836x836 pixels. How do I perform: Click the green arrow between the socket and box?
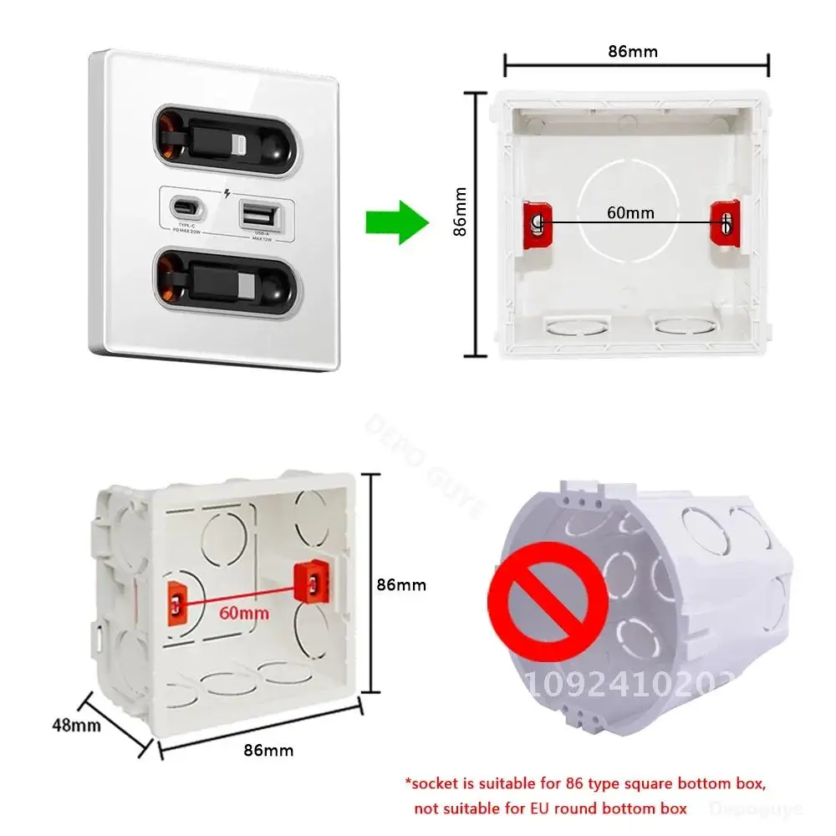point(396,223)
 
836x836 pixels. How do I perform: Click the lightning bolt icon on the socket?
point(228,196)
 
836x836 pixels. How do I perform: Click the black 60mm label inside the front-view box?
point(630,212)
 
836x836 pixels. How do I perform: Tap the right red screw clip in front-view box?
point(726,222)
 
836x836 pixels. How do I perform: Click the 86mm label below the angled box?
point(268,750)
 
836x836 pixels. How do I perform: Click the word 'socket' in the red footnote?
point(436,783)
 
